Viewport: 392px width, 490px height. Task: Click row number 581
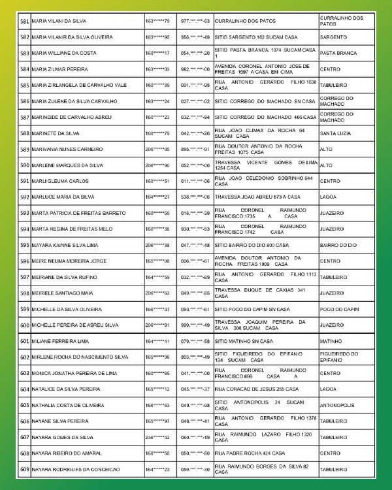tap(25, 22)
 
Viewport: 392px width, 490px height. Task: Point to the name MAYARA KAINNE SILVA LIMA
tap(61, 245)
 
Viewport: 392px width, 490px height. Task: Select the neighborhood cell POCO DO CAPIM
tap(338, 309)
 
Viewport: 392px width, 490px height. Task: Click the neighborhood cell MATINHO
tap(332, 341)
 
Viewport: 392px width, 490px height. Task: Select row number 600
tap(25, 325)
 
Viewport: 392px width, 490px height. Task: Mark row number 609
tap(25, 469)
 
